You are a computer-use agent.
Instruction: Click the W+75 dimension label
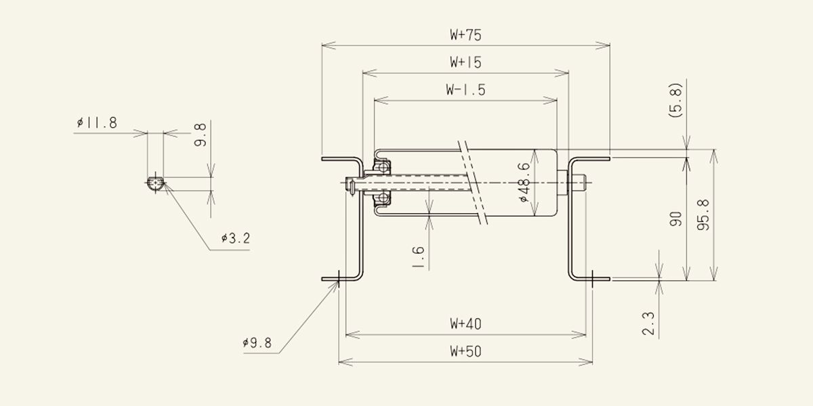[465, 35]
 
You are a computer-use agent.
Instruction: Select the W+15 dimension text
[465, 62]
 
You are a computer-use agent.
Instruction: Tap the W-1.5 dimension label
[465, 90]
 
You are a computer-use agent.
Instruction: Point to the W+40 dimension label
[465, 323]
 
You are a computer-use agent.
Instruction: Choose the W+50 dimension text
[465, 351]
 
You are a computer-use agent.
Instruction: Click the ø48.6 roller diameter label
[524, 182]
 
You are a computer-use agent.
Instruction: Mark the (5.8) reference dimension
[675, 100]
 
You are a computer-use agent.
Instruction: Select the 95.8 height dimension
[703, 215]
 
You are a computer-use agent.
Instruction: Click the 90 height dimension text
[676, 219]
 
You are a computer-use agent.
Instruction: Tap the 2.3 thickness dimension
[648, 323]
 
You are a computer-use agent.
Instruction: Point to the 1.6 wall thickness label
[418, 257]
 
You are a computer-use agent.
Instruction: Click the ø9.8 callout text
[257, 343]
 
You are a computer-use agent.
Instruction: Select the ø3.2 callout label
[236, 238]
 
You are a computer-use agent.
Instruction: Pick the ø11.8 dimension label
[97, 123]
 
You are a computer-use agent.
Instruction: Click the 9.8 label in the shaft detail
[200, 135]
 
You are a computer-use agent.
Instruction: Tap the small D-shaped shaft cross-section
[156, 183]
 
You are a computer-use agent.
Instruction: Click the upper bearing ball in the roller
[383, 168]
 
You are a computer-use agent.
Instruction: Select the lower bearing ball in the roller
[383, 198]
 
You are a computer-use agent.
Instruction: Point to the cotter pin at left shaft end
[352, 187]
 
